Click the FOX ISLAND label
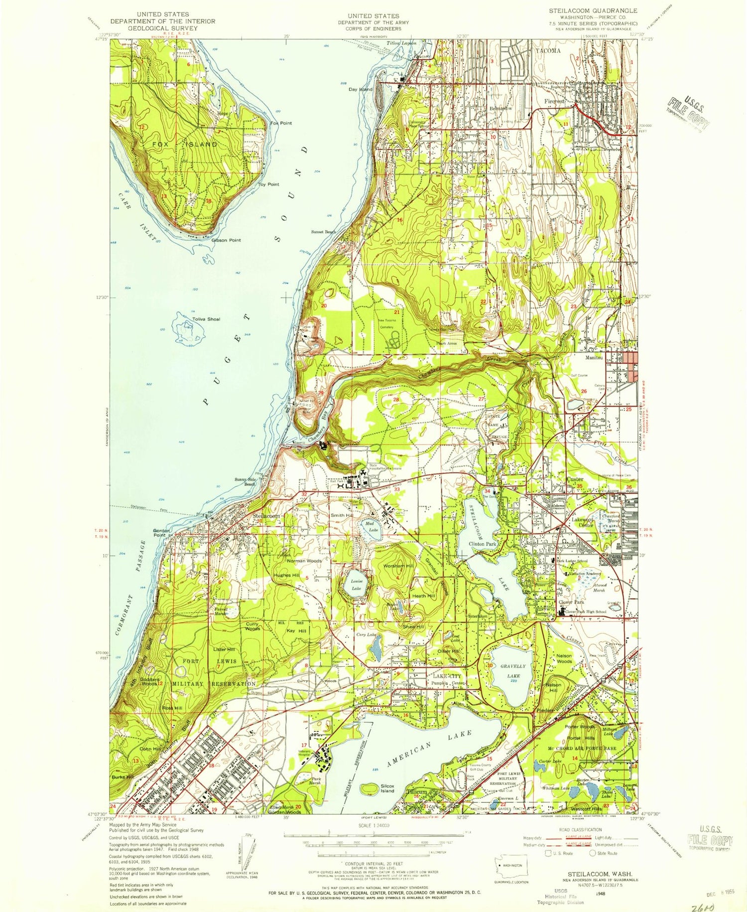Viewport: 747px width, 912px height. point(185,145)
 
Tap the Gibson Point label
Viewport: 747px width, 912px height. point(226,240)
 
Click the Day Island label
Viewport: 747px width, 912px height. point(360,89)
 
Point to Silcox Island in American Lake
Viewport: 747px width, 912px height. point(387,788)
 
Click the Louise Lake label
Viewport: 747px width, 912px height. point(356,585)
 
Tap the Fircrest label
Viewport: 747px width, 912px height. point(555,101)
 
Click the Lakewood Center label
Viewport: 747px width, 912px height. point(583,522)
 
